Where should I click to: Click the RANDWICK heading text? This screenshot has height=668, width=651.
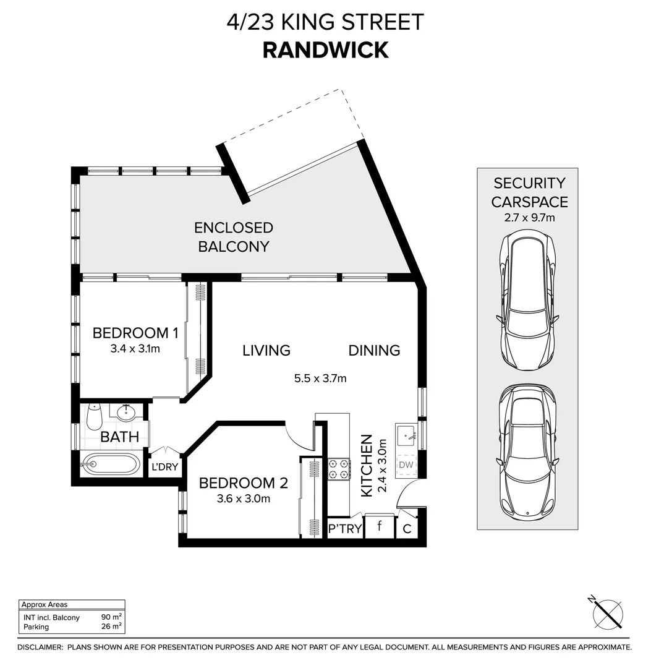pyautogui.click(x=325, y=49)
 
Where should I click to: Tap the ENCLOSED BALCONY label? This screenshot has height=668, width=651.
pyautogui.click(x=234, y=237)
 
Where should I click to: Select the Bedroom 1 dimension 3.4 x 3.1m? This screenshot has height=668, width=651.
pyautogui.click(x=135, y=349)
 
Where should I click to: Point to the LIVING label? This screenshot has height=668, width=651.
pyautogui.click(x=266, y=351)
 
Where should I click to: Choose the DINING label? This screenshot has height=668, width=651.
pyautogui.click(x=374, y=351)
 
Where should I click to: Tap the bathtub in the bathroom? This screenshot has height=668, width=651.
pyautogui.click(x=111, y=464)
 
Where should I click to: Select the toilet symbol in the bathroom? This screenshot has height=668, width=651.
pyautogui.click(x=94, y=417)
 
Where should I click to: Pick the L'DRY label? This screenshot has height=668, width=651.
pyautogui.click(x=165, y=467)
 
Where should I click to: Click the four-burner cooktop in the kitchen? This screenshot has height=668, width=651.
pyautogui.click(x=339, y=469)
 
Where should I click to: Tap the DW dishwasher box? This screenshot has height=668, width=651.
pyautogui.click(x=406, y=465)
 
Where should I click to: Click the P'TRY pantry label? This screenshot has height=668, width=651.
pyautogui.click(x=344, y=529)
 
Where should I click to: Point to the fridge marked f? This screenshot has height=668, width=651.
pyautogui.click(x=378, y=528)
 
